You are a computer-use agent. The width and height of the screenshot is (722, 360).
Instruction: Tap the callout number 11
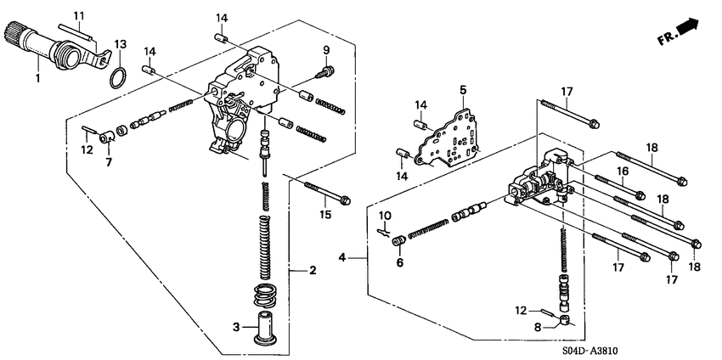[x=79, y=16]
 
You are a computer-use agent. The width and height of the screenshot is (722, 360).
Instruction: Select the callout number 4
[x=343, y=256]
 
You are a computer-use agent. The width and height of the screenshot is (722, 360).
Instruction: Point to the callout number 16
[x=622, y=171]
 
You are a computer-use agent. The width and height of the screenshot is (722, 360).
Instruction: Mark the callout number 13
[x=120, y=43]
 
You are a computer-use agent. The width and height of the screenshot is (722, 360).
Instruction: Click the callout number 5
[x=463, y=89]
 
